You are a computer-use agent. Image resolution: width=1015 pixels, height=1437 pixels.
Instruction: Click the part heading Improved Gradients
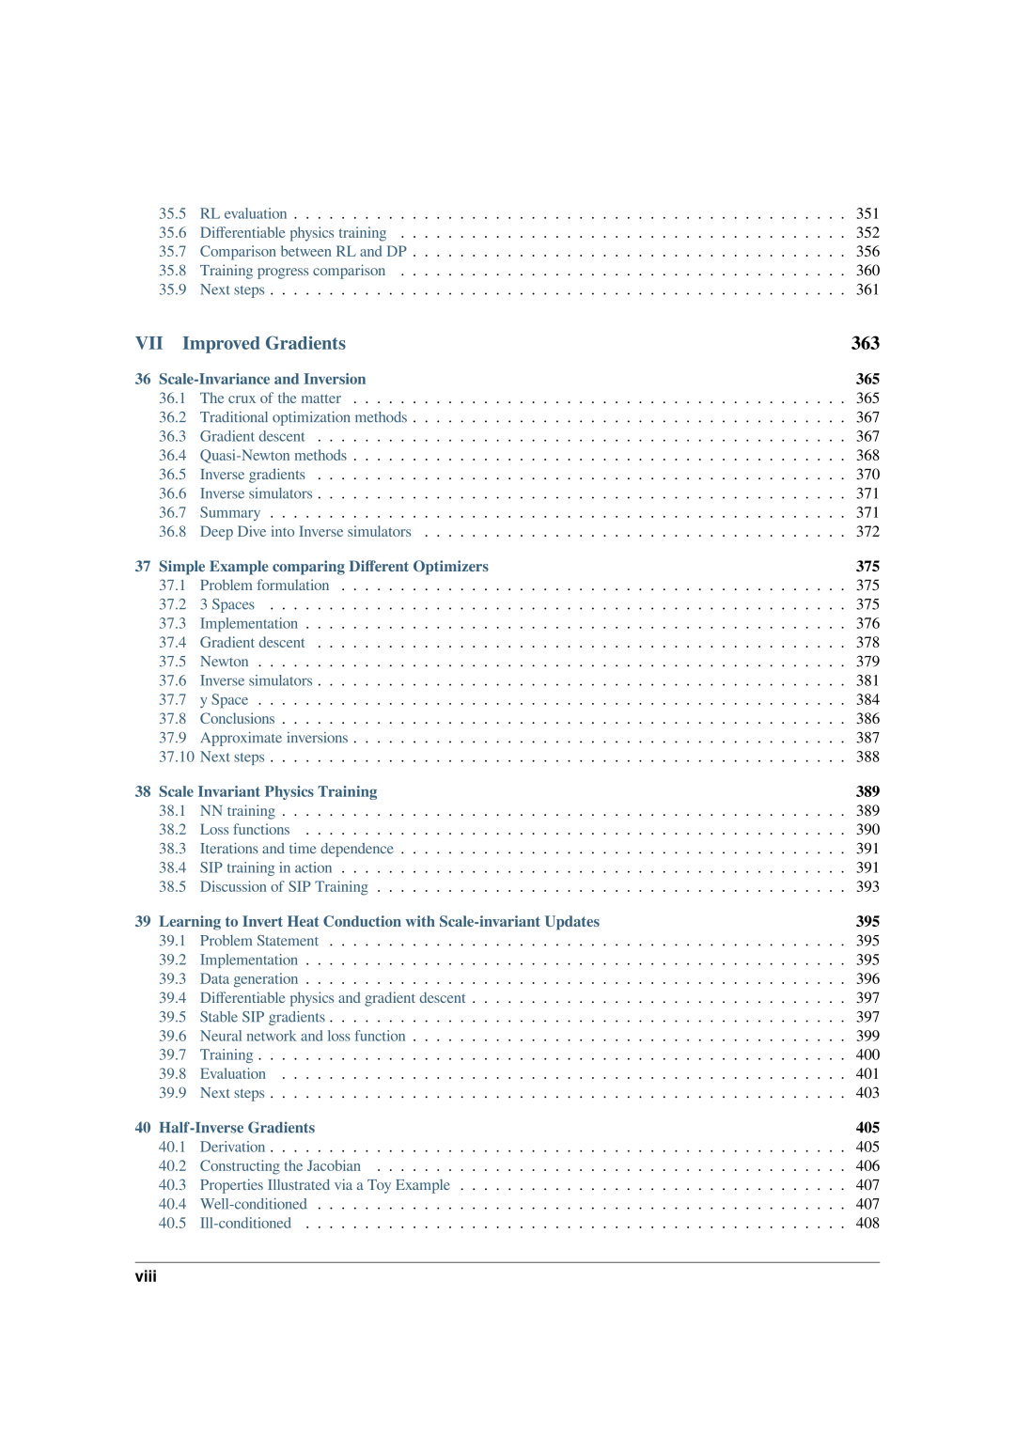[263, 343]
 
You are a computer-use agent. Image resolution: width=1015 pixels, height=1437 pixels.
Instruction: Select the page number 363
[865, 343]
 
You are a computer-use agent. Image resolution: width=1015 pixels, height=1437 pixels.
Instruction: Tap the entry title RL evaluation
[243, 213]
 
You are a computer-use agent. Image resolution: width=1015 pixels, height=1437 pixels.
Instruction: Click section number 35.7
[172, 251]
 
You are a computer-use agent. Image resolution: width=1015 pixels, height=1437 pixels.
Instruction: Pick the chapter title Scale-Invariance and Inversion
[262, 379]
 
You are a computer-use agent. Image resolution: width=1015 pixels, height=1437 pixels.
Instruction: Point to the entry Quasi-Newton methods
[273, 455]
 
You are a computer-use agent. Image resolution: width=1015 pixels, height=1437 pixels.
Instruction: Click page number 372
[867, 531]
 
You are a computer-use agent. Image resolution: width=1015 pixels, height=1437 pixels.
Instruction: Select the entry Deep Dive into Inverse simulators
[305, 531]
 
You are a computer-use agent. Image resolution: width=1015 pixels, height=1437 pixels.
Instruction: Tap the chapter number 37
[143, 566]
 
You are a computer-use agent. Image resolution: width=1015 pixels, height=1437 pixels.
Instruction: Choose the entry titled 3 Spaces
[226, 604]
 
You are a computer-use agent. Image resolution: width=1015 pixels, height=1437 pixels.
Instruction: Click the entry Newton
[224, 662]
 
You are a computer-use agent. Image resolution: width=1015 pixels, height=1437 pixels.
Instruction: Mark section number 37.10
[176, 757]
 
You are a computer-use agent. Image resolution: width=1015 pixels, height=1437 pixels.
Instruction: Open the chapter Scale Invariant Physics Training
[268, 791]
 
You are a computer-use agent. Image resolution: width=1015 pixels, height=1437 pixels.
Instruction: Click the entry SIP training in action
[266, 867]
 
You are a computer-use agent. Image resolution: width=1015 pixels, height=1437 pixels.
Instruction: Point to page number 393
[867, 886]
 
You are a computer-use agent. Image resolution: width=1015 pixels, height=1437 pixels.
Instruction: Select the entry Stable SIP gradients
[262, 1017]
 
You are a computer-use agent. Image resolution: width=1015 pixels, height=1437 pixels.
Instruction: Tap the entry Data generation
[248, 978]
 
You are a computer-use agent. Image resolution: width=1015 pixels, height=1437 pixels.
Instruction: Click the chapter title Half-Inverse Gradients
[237, 1127]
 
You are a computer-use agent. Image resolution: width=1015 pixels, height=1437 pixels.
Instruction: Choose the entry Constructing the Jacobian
[280, 1165]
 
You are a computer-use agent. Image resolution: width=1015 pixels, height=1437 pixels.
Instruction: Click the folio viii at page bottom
[146, 1276]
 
